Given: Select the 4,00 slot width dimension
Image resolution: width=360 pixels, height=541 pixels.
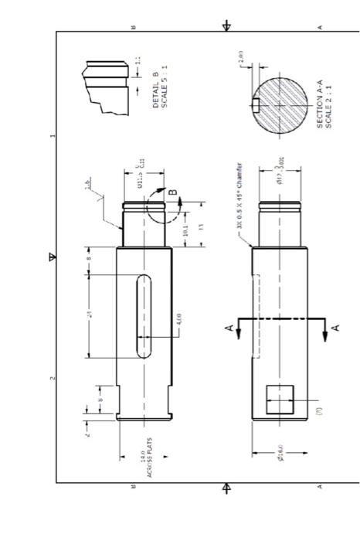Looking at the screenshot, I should (178, 318).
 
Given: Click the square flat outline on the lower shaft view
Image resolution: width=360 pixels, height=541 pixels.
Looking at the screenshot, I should (277, 401).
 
